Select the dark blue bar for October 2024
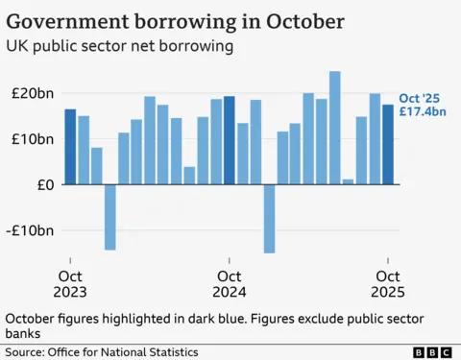click(x=229, y=140)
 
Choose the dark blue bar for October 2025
click(x=388, y=144)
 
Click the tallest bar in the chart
click(x=335, y=127)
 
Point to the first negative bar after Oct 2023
click(x=110, y=217)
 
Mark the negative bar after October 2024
click(x=269, y=218)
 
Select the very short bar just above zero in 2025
click(x=348, y=181)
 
